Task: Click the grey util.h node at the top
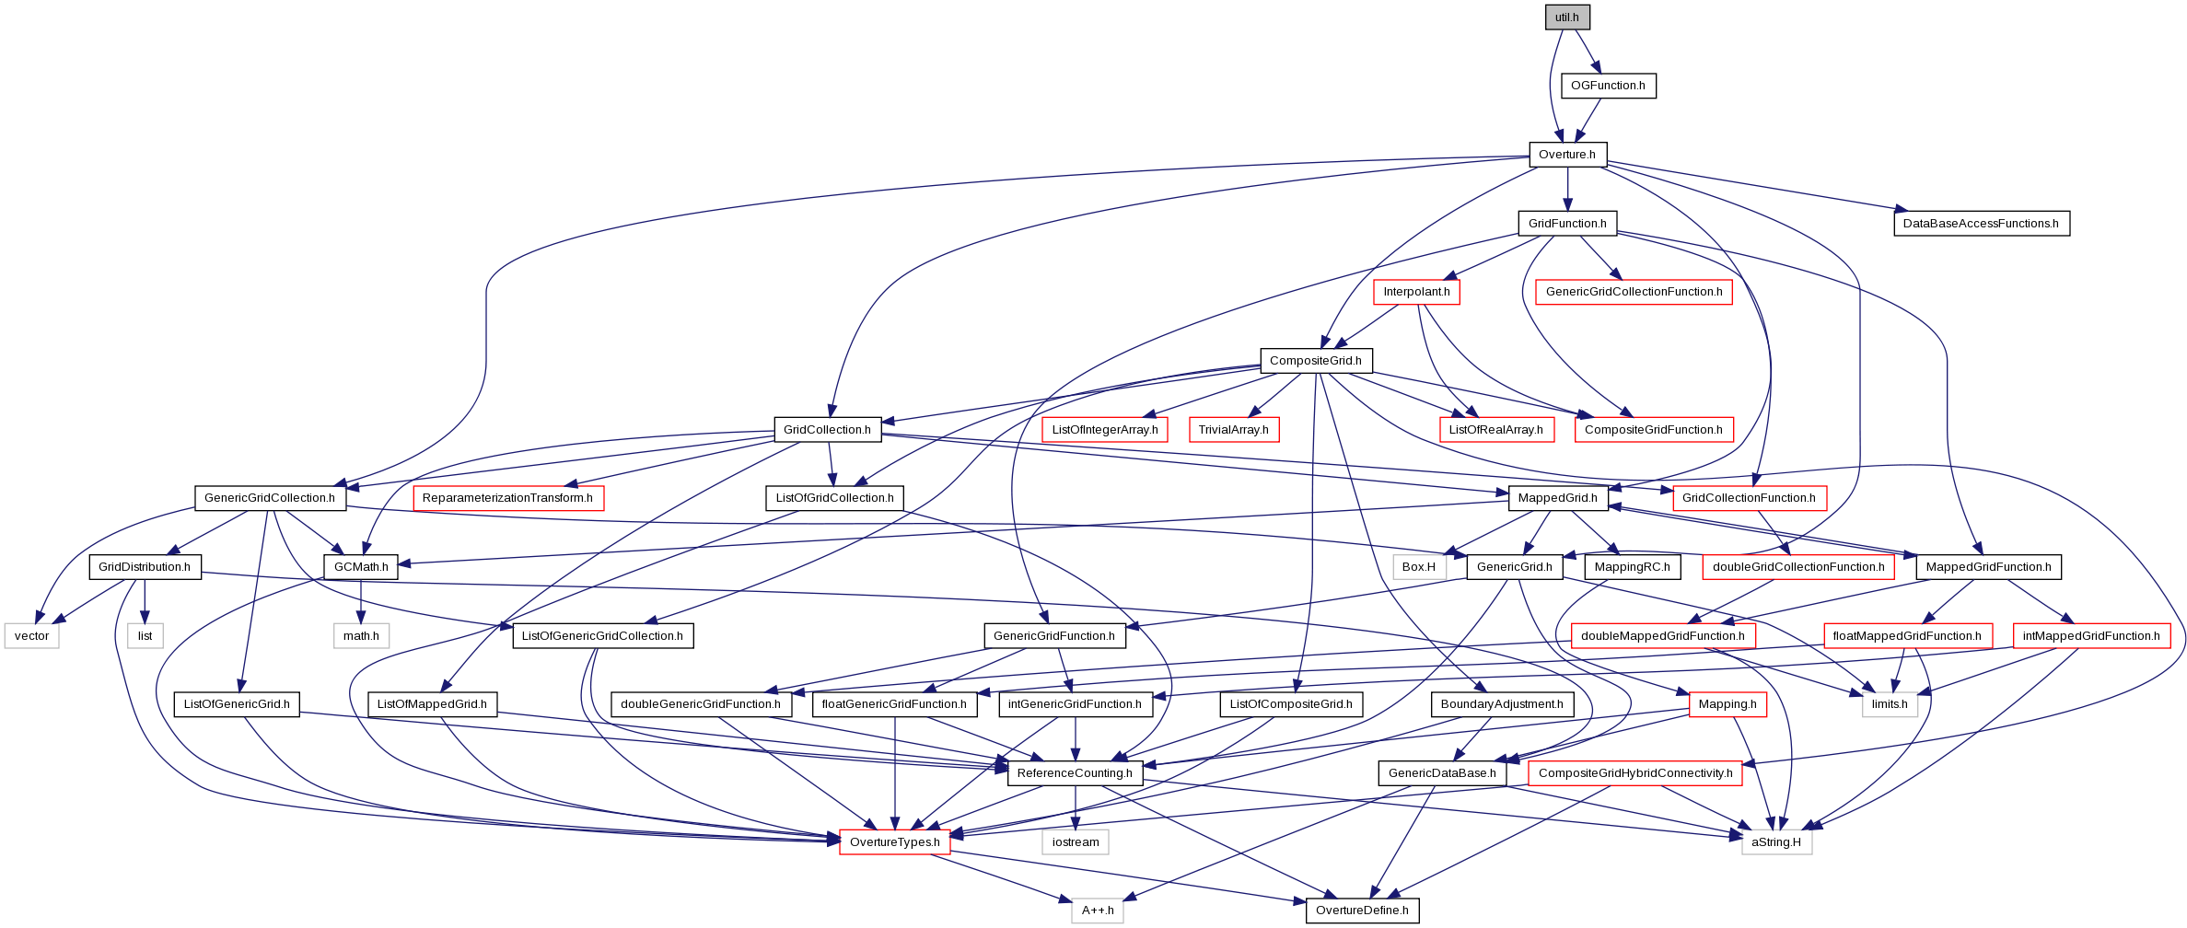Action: (x=1567, y=17)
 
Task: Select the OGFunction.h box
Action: (x=1608, y=86)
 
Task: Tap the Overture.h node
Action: (x=1567, y=155)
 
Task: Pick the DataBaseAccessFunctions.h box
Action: (x=1981, y=224)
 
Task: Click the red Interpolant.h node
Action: (x=1416, y=292)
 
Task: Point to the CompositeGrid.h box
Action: (x=1316, y=361)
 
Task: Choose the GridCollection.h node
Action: (x=827, y=430)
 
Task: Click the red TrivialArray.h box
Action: (x=1233, y=430)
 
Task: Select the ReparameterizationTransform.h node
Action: (x=507, y=498)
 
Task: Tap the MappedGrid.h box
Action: (x=1558, y=498)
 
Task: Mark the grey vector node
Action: (x=32, y=636)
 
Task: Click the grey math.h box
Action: (x=361, y=636)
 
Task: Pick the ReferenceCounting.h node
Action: (x=1075, y=773)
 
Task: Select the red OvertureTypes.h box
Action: (x=895, y=842)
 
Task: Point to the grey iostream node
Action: (x=1076, y=842)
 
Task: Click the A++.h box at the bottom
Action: (x=1098, y=911)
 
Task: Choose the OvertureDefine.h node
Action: (x=1362, y=911)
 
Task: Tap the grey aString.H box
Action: (x=1776, y=842)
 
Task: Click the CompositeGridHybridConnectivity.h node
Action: (x=1635, y=773)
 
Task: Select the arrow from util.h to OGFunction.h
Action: (x=1588, y=52)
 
